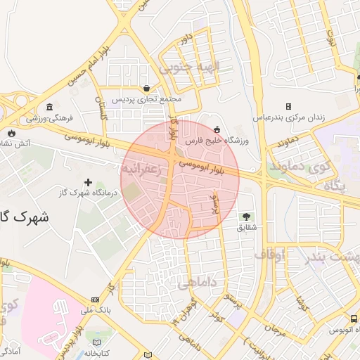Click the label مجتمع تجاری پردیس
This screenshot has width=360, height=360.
point(147,100)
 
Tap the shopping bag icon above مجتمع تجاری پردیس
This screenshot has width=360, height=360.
point(146,89)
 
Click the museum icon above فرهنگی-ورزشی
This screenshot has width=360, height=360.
point(49,108)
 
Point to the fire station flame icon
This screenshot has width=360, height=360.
point(12,132)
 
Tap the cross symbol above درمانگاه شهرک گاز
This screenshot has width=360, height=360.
point(88,182)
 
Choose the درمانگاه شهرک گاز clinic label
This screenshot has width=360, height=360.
point(87,193)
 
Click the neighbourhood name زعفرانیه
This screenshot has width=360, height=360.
point(143,169)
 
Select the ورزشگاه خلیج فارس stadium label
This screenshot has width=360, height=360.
point(216,140)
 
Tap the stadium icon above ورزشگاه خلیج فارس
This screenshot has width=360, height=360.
point(217,129)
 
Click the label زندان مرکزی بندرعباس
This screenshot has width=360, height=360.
point(288,117)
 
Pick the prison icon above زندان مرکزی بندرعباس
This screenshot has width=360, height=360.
point(289,106)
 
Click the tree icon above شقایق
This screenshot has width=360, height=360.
point(246,216)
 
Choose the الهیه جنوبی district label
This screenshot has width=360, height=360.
point(189,67)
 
